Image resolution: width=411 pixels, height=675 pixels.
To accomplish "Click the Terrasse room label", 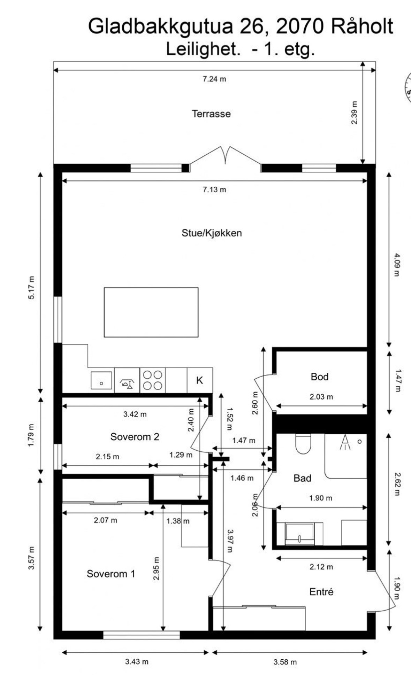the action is click(211, 114).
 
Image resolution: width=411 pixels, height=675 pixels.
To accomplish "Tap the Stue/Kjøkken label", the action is click(212, 233).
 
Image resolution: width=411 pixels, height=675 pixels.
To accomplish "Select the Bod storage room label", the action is click(320, 377).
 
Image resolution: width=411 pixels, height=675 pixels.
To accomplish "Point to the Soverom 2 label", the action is click(135, 436).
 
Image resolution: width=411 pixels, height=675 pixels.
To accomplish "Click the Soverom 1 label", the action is click(111, 574).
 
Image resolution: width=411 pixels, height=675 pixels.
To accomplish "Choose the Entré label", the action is click(321, 591).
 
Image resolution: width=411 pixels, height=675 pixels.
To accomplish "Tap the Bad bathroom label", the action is click(302, 478).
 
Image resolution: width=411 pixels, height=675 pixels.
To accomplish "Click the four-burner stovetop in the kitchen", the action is click(153, 380).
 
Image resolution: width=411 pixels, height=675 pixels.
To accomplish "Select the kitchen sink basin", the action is click(101, 380).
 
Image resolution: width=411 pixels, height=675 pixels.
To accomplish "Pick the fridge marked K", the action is click(200, 380).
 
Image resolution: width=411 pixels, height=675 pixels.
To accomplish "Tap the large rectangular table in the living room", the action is click(151, 312).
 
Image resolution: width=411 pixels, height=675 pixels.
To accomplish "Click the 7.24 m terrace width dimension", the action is click(214, 79).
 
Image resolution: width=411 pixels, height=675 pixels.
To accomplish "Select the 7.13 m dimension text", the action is click(214, 189).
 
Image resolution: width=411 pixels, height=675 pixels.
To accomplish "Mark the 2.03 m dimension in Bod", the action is click(321, 396).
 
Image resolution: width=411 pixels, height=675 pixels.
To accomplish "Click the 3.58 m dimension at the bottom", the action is click(285, 662).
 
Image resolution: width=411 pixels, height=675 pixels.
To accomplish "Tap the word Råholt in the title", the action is click(362, 26).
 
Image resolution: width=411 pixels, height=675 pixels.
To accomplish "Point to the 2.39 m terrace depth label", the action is click(354, 113).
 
